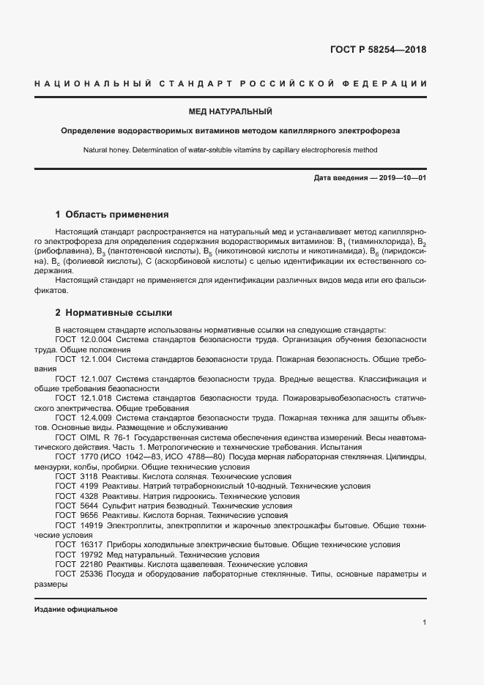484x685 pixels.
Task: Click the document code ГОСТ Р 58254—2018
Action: click(378, 51)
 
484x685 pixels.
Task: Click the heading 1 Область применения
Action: click(112, 215)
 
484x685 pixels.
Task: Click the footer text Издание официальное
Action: click(76, 610)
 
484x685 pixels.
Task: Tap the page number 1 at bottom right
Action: click(425, 623)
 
